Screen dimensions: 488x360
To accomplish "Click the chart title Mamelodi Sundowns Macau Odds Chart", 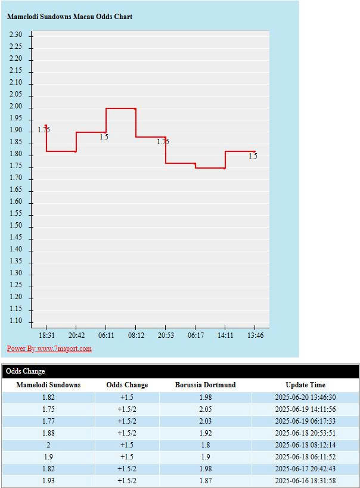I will pos(70,17).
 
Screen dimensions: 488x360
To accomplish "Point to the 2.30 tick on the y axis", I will pos(16,35).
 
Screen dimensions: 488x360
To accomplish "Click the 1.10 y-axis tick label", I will pos(16,321).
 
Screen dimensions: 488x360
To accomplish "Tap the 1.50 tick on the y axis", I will pos(16,226).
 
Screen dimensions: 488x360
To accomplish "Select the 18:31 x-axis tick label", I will pos(46,335).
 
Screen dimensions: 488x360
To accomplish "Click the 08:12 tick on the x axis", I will pos(136,335).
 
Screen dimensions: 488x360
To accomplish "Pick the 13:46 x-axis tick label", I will pos(255,335).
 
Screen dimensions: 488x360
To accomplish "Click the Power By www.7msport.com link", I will pos(49,349).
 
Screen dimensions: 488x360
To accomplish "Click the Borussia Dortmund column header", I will pos(205,385).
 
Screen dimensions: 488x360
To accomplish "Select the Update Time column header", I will pos(305,385).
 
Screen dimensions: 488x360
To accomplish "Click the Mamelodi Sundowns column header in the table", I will pos(48,385).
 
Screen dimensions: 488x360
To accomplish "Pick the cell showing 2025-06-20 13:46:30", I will pos(305,397).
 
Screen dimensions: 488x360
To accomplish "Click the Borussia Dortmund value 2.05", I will pos(205,409).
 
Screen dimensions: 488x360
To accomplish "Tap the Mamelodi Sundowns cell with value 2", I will pos(48,445).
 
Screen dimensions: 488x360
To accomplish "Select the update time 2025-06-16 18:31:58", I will pos(305,481).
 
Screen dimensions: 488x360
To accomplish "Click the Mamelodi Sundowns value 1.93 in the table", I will pos(48,481).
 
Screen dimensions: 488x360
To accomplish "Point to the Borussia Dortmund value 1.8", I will pos(205,445).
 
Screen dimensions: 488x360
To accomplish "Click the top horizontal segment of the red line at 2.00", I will pos(121,108).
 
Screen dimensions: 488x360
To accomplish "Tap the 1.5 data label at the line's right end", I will pos(253,156).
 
